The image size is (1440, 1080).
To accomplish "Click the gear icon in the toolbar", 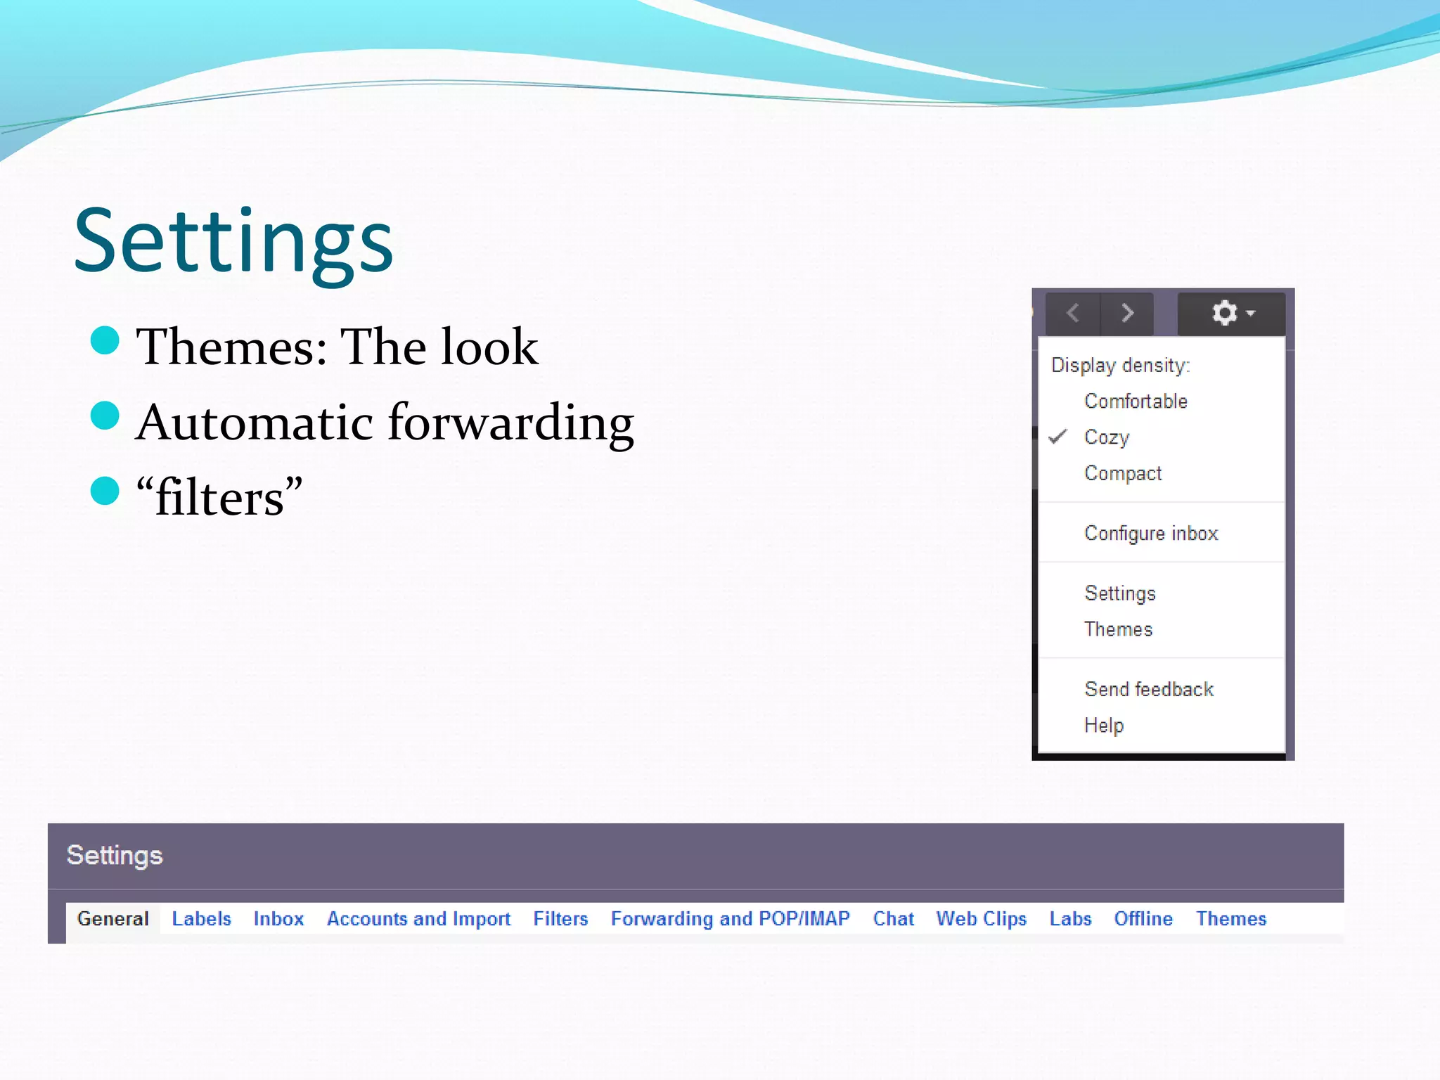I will (x=1225, y=313).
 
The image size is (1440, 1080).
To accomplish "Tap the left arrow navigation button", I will (x=1073, y=313).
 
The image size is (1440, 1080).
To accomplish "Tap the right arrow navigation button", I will (x=1127, y=313).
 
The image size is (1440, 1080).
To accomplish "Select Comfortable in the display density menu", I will (x=1136, y=401).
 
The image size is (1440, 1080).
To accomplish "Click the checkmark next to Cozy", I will (x=1057, y=437).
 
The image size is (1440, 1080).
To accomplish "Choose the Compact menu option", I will (x=1123, y=473).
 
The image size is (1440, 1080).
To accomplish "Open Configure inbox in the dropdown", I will (x=1151, y=534).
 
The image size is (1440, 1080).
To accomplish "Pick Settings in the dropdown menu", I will (x=1120, y=593).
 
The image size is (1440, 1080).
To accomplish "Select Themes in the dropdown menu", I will (x=1118, y=629).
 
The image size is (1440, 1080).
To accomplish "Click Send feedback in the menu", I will (x=1149, y=689).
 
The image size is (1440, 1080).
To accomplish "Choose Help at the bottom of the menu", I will (x=1104, y=725).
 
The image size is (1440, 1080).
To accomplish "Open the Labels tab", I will (x=201, y=919).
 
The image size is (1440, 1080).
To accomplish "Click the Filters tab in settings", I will (x=560, y=919).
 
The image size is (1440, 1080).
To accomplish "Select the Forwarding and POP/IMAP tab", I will (x=730, y=919).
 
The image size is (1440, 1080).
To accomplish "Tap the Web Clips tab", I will (x=981, y=919).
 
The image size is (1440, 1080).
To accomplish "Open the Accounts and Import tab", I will (x=418, y=919).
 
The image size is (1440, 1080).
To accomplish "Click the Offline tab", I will (x=1143, y=919).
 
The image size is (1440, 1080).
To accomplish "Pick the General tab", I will (x=113, y=919).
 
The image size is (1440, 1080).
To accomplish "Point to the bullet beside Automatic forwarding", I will (x=105, y=416).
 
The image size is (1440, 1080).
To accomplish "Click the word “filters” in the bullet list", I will (x=219, y=498).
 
